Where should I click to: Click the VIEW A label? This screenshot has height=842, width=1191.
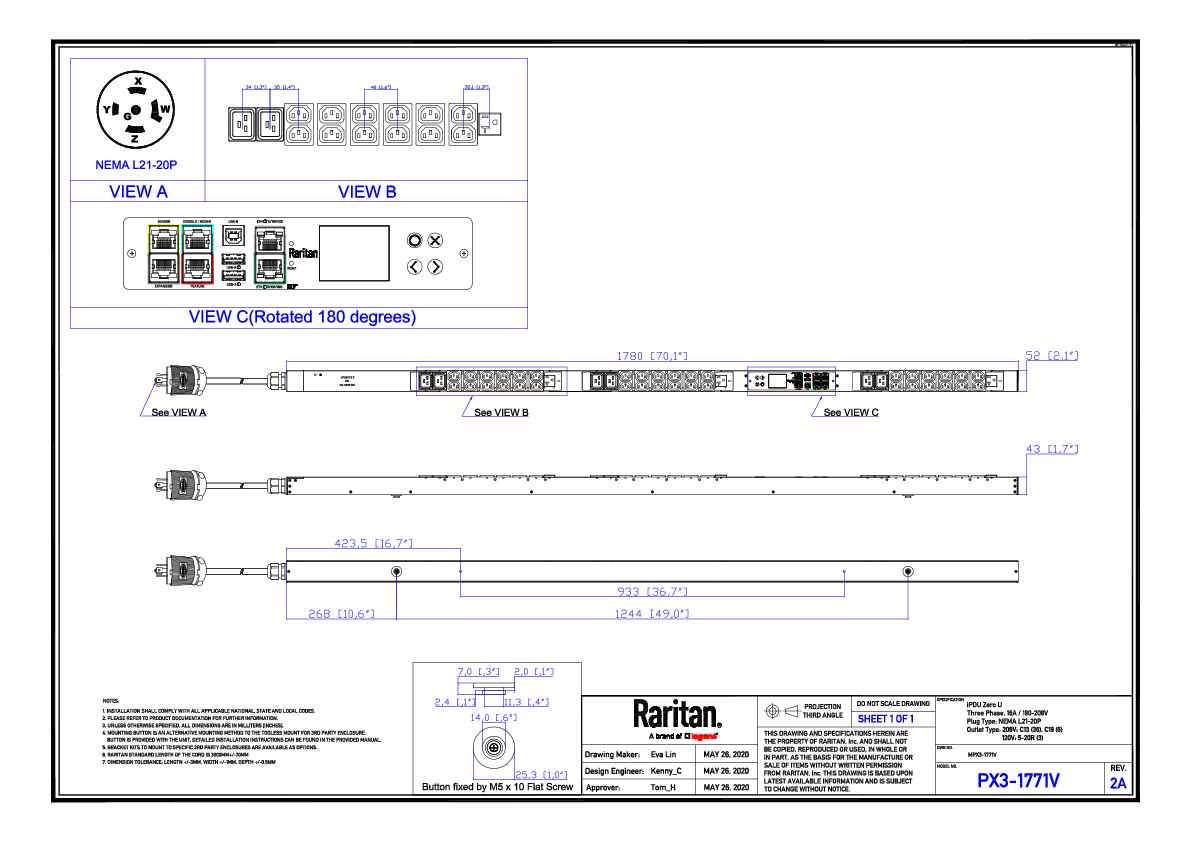pyautogui.click(x=138, y=192)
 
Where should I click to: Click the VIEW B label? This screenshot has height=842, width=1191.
pyautogui.click(x=367, y=192)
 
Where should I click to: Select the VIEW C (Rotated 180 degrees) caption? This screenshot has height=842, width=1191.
pyautogui.click(x=302, y=318)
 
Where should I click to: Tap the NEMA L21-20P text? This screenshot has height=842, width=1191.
pyautogui.click(x=136, y=165)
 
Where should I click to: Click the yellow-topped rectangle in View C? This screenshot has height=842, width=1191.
pyautogui.click(x=164, y=254)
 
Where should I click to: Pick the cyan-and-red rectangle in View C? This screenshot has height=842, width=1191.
pyautogui.click(x=197, y=254)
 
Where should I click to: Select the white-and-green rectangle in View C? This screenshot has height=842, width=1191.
pyautogui.click(x=270, y=254)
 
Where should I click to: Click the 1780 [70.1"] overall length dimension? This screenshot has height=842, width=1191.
pyautogui.click(x=651, y=356)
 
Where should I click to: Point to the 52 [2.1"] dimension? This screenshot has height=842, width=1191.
pyautogui.click(x=1051, y=356)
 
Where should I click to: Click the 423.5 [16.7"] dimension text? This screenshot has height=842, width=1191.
pyautogui.click(x=373, y=544)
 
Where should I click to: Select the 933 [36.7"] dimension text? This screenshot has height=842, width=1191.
pyautogui.click(x=652, y=592)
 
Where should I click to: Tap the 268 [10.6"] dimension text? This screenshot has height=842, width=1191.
pyautogui.click(x=341, y=614)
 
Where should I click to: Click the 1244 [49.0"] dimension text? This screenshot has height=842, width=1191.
pyautogui.click(x=652, y=614)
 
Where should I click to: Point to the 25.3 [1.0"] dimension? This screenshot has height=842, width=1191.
pyautogui.click(x=541, y=775)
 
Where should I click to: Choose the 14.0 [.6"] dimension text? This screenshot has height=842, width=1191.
pyautogui.click(x=494, y=718)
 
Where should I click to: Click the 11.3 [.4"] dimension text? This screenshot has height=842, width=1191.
pyautogui.click(x=526, y=702)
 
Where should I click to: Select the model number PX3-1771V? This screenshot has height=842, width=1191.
pyautogui.click(x=1018, y=782)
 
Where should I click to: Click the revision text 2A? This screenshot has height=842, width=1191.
pyautogui.click(x=1118, y=784)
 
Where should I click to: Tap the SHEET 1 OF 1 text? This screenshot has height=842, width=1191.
pyautogui.click(x=886, y=719)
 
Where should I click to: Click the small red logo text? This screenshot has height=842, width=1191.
pyautogui.click(x=704, y=737)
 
